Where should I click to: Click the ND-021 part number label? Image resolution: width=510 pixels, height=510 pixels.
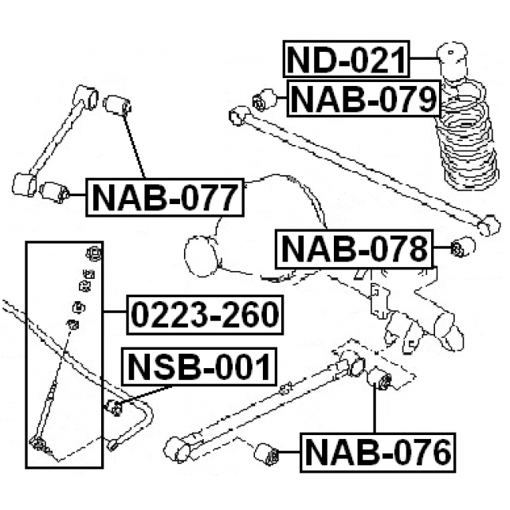(346, 61)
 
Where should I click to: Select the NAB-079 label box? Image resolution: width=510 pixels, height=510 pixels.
(363, 100)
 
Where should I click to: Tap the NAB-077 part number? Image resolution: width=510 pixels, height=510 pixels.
(163, 196)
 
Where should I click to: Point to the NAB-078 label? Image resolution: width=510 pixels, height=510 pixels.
(352, 250)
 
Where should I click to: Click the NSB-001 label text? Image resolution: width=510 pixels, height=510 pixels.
(198, 367)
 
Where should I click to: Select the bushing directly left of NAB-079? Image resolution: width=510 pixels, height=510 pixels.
(263, 102)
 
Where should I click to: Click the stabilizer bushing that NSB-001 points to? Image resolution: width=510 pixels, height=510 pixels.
(114, 409)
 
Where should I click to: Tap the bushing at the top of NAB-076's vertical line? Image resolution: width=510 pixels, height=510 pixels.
(379, 380)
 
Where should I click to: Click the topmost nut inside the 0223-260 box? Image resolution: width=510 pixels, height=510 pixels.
(93, 254)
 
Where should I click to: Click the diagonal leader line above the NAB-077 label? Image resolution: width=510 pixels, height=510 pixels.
(135, 147)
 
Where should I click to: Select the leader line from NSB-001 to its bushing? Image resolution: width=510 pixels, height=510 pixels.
(147, 395)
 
